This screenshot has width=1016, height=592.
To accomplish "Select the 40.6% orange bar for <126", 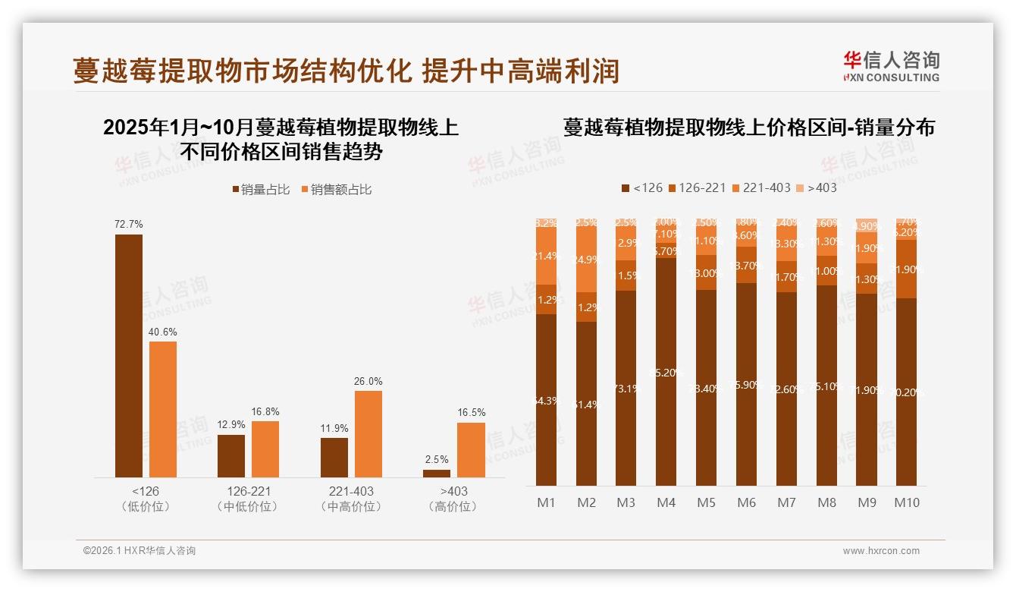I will [163, 409].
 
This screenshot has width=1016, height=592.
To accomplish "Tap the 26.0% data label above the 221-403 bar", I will [368, 381].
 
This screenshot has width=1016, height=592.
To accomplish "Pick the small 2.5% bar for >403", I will [437, 474].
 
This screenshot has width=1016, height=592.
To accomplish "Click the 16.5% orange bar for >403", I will [471, 450].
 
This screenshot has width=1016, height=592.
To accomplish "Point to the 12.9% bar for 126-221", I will [231, 456].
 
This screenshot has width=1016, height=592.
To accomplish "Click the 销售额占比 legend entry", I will [337, 190].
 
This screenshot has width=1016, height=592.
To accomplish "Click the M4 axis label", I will [666, 502].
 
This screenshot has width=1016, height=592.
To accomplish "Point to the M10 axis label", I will [906, 502].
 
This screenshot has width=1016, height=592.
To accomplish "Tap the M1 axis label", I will [546, 502].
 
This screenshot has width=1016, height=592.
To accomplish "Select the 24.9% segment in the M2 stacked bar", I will [586, 260].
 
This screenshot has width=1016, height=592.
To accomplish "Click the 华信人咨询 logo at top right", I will [891, 66].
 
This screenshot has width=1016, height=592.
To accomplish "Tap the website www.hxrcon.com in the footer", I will [881, 551].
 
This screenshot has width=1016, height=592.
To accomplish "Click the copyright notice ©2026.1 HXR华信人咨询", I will [140, 551].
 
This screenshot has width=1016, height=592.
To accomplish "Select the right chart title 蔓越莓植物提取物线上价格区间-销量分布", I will [748, 128].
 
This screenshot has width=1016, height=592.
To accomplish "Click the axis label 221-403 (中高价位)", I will [351, 499].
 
